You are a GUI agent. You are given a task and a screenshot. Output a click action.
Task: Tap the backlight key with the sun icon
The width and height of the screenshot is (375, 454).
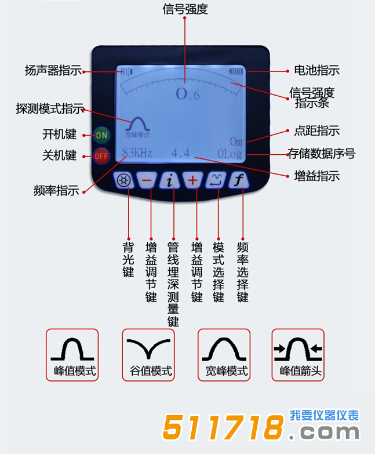tap(123, 181)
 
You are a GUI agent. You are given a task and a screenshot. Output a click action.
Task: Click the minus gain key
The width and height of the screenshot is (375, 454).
tap(147, 181)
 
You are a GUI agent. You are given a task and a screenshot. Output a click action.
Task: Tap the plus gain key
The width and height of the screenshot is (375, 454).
tap(193, 181)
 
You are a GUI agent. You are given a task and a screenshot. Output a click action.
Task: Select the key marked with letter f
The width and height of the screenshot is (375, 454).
tap(238, 181)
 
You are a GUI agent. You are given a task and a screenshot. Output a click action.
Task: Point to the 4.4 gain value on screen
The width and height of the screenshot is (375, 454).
tap(180, 154)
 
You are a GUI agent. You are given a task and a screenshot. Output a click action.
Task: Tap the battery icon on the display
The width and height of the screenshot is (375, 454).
tap(237, 71)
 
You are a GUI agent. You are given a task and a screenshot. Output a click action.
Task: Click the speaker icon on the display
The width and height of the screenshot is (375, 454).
tap(127, 72)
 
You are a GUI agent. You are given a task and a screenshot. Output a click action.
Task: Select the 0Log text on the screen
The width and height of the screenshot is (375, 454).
tap(231, 154)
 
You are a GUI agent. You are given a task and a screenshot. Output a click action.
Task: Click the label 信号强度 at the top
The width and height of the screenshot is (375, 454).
tap(185, 9)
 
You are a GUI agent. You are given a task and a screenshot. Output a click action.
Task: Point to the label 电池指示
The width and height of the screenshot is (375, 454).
tap(316, 71)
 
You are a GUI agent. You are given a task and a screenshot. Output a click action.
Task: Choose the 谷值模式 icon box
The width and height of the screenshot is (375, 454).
tap(148, 355)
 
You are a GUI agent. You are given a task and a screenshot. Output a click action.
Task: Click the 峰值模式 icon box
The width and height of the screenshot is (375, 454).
tap(72, 355)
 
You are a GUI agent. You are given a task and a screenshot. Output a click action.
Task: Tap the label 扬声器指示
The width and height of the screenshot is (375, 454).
tap(53, 71)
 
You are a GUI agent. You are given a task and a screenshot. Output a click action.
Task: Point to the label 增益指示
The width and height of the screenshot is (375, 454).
tap(316, 176)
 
